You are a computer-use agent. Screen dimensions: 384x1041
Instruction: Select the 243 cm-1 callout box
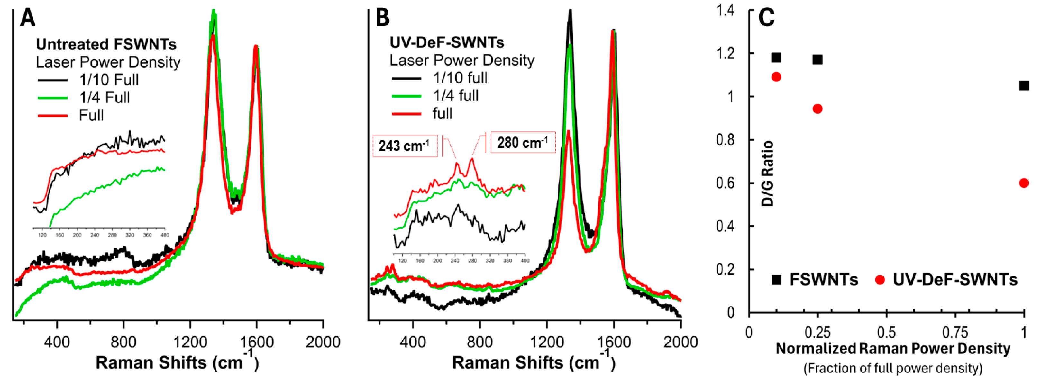tap(405, 146)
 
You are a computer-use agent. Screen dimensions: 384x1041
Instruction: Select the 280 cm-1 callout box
tap(523, 143)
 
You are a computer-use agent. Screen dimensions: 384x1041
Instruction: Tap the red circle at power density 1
tap(1024, 183)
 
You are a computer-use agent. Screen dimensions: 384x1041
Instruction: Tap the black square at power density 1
tap(1024, 86)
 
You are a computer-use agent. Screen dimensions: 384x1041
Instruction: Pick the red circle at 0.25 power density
tap(817, 109)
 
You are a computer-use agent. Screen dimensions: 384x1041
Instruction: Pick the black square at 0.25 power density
tap(817, 60)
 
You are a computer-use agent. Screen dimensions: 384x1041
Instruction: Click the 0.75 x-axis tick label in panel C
tap(954, 332)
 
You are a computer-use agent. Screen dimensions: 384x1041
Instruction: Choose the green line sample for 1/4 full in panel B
tap(406, 96)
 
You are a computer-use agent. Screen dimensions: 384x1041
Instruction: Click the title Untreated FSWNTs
tap(106, 44)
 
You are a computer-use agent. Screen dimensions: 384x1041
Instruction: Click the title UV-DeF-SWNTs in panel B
tap(447, 42)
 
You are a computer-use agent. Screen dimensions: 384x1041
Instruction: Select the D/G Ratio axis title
tap(767, 174)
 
